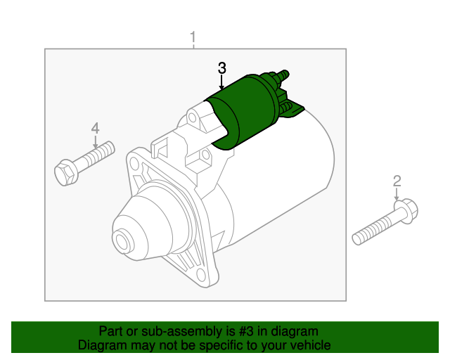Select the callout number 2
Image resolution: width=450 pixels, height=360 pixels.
click(397, 181)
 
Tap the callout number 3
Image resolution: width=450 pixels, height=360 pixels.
click(221, 68)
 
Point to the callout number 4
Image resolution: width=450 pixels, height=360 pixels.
click(95, 128)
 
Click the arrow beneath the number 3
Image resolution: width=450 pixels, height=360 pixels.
click(221, 83)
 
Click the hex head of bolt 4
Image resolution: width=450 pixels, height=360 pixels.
click(65, 172)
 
